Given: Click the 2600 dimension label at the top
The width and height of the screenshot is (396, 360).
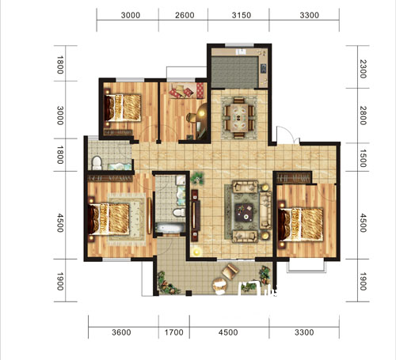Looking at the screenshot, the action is [x=185, y=15].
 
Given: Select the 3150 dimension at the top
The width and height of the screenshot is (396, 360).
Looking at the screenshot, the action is [x=242, y=15].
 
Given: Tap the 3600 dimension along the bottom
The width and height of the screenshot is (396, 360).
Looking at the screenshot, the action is [x=121, y=332].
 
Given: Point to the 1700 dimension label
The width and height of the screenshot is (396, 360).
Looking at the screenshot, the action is [x=174, y=332].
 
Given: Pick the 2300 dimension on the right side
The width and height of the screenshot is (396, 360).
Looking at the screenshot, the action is [x=364, y=69].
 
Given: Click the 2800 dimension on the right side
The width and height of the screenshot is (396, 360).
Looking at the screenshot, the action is [x=364, y=116].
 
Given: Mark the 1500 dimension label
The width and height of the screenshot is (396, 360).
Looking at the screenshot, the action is [x=364, y=158].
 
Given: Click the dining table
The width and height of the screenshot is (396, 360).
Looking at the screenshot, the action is [x=239, y=118].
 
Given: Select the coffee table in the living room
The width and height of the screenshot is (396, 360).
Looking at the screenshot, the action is [x=244, y=212].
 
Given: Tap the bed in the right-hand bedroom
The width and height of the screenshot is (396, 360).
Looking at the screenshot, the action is [x=301, y=224].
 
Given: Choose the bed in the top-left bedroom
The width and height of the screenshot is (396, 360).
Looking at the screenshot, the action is [x=123, y=108].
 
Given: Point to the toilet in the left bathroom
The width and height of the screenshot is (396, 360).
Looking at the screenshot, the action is [x=97, y=163].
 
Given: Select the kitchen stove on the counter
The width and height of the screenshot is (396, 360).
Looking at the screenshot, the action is [x=264, y=68].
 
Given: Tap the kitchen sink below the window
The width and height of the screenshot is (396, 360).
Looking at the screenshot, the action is [x=241, y=51].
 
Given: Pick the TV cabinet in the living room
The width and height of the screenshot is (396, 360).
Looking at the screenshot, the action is [x=195, y=215].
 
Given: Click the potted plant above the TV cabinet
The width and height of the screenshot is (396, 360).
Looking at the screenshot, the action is [x=197, y=178].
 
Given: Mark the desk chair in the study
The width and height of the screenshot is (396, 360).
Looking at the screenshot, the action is [x=191, y=117].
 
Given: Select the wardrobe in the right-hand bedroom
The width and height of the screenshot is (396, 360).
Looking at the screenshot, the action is [x=294, y=177].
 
